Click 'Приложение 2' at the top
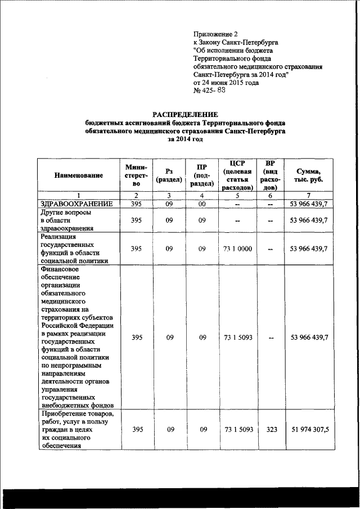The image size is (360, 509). pos(215,34)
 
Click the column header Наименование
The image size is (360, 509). pos(79,175)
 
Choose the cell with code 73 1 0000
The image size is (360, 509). pos(238,249)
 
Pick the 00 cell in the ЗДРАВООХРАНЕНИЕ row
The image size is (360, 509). pos(204,204)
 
